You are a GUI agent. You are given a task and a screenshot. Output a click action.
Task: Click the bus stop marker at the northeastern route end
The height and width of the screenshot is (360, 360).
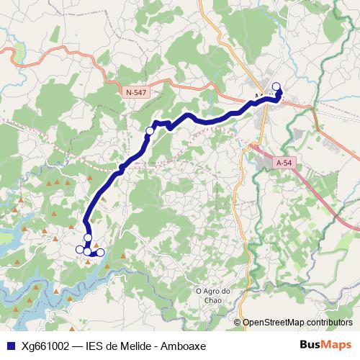[276, 86]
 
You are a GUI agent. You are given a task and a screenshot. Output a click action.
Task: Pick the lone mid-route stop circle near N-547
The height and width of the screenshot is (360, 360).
[150, 130]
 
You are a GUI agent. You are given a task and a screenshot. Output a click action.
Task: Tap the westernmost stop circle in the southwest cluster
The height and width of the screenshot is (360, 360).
[79, 250]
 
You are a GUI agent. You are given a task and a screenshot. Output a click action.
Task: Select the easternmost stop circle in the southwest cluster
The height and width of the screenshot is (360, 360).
[101, 252]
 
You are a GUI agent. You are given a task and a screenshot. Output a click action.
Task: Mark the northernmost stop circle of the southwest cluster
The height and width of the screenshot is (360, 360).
[88, 238]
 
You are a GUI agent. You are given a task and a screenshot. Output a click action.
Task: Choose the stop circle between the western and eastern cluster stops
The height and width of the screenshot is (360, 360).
[88, 251]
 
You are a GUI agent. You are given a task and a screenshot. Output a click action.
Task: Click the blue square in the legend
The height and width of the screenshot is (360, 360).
[9, 345]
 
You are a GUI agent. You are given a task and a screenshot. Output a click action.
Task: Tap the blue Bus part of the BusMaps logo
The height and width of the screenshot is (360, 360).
[310, 344]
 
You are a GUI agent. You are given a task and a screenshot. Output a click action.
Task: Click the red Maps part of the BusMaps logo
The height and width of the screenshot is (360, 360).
[337, 344]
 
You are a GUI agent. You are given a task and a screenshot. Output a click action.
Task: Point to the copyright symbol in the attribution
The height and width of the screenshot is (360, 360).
[237, 323]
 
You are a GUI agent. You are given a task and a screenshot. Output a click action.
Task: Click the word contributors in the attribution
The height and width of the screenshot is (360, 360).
[329, 323]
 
